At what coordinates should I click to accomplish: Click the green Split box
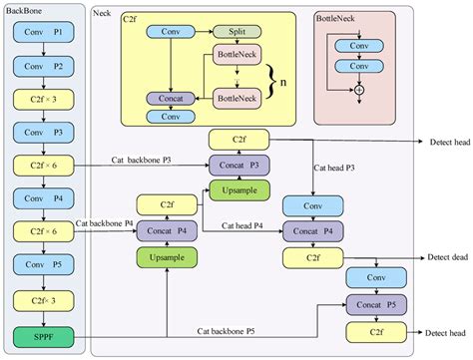(x=236, y=33)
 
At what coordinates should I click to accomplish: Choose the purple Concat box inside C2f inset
(x=170, y=99)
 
